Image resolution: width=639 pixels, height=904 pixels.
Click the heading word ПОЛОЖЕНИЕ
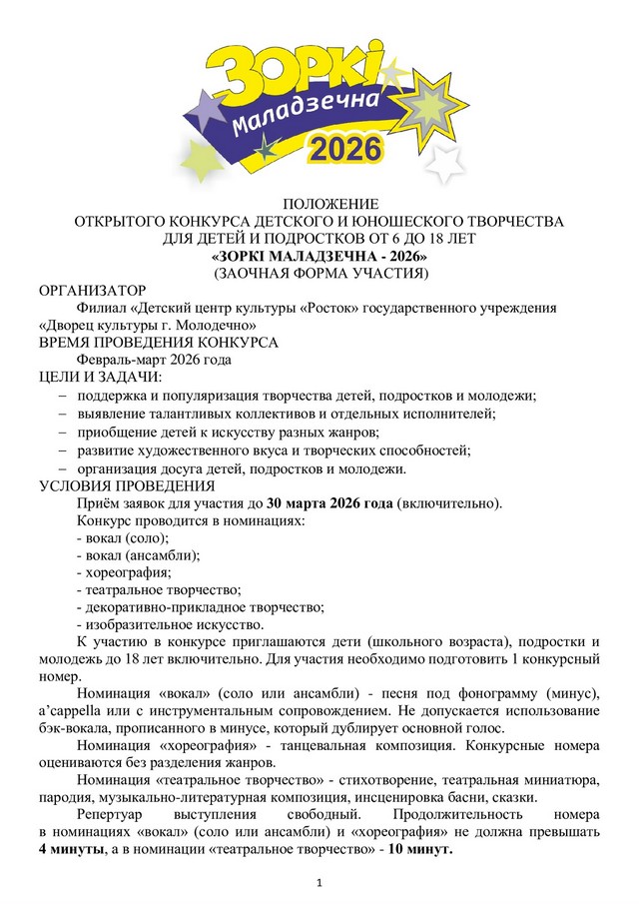319,205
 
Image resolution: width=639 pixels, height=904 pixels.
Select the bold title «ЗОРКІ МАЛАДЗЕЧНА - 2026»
319,255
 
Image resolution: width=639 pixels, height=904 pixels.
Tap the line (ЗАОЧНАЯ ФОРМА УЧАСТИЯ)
319,272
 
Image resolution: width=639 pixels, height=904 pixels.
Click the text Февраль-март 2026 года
154,360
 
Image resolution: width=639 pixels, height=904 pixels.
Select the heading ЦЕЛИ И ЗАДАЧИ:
101,377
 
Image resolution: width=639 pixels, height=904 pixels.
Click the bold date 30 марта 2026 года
330,502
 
